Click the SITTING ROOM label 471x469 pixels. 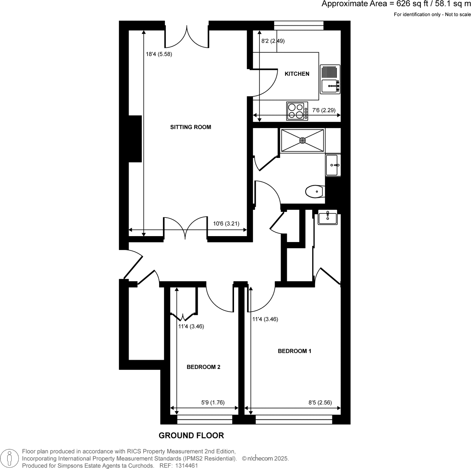(190, 127)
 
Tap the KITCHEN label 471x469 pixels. (297, 74)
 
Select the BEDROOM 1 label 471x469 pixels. (294, 351)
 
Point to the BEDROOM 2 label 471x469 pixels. (204, 367)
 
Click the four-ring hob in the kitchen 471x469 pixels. (297, 111)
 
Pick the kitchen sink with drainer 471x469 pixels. (330, 79)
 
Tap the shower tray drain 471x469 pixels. (302, 140)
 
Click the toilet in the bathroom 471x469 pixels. (315, 192)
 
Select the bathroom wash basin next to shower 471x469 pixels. (333, 165)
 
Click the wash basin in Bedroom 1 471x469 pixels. (328, 219)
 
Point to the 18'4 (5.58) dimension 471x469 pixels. (159, 54)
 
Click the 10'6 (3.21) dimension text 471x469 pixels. (226, 224)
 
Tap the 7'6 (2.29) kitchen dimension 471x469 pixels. (324, 110)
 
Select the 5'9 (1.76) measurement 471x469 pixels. (213, 402)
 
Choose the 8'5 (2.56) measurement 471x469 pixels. (320, 402)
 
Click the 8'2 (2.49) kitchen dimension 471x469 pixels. (273, 41)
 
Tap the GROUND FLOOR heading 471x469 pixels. (191, 436)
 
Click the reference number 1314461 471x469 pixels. (187, 465)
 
